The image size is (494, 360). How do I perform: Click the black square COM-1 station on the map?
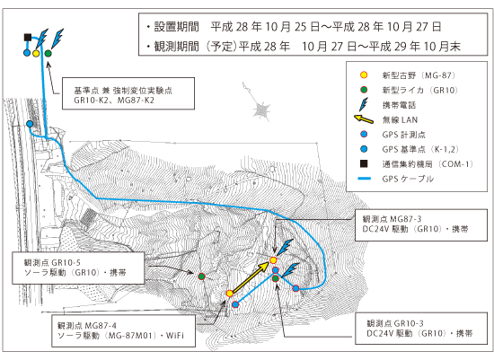click(28, 38)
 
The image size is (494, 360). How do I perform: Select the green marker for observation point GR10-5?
click(201, 277)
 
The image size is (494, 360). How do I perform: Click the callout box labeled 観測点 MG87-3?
click(421, 225)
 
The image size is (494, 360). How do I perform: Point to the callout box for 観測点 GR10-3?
click(421, 329)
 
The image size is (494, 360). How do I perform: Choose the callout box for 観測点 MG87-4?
click(124, 330)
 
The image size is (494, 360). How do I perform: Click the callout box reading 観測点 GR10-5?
click(78, 268)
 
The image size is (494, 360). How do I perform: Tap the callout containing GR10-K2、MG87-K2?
click(128, 93)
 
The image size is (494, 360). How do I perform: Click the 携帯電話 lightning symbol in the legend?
click(364, 104)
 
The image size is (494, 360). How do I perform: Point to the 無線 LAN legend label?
click(400, 119)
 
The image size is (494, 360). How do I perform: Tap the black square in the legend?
click(364, 163)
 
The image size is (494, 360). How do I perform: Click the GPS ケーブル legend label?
click(408, 179)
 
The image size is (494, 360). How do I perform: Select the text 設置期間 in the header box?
click(176, 27)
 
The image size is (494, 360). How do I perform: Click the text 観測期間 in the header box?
click(176, 47)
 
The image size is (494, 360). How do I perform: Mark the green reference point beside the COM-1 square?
click(48, 54)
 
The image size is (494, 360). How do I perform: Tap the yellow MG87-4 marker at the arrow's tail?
click(230, 294)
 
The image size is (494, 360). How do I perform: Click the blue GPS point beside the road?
click(30, 124)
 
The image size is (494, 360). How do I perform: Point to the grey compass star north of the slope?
click(261, 110)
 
